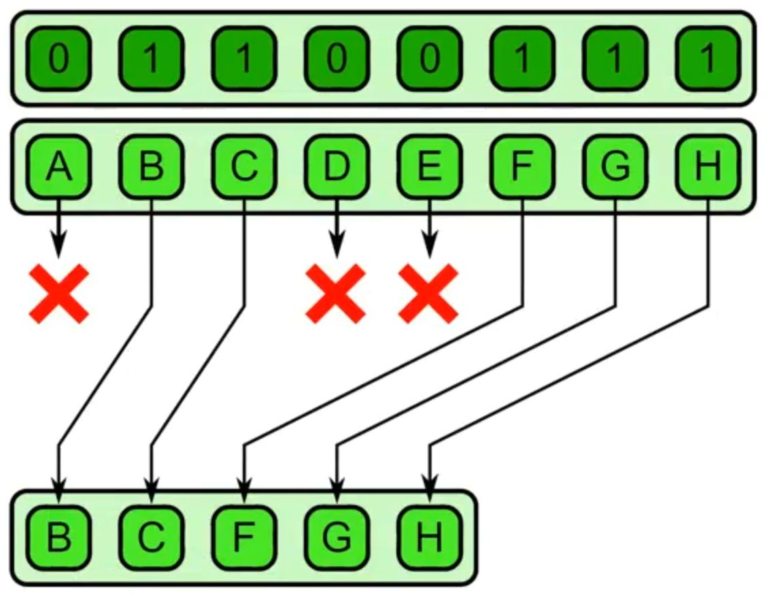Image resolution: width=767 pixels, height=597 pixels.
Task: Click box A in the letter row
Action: (x=59, y=167)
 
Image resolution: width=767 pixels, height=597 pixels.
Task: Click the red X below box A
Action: (x=59, y=293)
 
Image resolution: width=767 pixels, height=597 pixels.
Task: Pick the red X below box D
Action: (x=336, y=293)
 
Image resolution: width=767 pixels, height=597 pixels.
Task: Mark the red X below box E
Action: (x=428, y=293)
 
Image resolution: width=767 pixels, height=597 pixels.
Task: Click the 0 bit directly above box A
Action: (x=59, y=59)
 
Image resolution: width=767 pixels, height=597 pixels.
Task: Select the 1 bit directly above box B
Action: (x=152, y=59)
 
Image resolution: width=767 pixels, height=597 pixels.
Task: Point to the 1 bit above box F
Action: (x=522, y=59)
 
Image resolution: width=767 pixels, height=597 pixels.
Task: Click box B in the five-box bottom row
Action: (x=59, y=537)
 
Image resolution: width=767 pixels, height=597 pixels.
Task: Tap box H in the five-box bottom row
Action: (x=429, y=537)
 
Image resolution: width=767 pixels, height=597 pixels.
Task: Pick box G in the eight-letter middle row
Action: (x=615, y=167)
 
